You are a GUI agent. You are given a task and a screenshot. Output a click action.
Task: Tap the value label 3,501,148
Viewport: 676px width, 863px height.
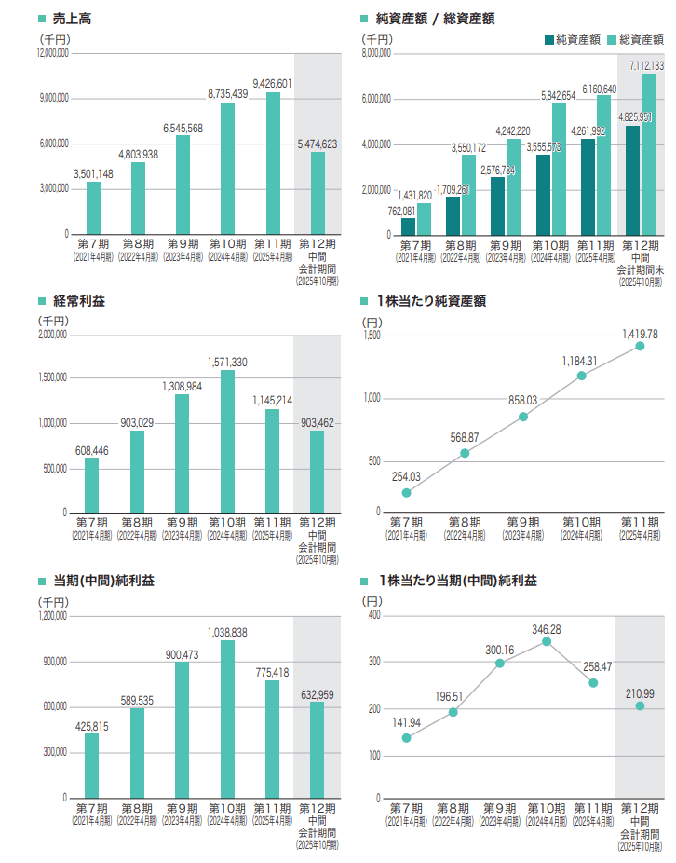tap(93, 173)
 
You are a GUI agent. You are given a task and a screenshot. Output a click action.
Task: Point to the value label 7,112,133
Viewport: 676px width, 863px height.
tap(646, 66)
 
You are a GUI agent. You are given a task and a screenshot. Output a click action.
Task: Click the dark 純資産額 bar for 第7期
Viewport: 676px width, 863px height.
tap(409, 226)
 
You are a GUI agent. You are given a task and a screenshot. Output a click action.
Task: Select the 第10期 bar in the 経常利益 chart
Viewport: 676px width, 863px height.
tap(227, 442)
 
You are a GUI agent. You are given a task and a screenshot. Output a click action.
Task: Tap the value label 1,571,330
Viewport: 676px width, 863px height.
tap(227, 362)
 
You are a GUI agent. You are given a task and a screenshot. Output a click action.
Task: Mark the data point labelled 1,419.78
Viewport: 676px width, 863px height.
tap(640, 346)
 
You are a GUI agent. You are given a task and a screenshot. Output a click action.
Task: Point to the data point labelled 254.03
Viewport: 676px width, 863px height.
tap(406, 493)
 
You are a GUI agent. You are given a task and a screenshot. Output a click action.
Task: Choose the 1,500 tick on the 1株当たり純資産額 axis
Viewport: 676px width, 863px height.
tap(372, 335)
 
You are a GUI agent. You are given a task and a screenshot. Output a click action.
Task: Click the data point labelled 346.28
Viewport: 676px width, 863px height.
tap(547, 641)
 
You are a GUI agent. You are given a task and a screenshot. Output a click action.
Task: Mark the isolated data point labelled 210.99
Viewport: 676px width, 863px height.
tap(640, 705)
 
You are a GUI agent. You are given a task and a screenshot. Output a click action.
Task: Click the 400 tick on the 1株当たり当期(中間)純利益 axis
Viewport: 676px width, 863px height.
tap(374, 616)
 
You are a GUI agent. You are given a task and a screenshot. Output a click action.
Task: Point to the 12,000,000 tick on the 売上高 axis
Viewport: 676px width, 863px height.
tap(52, 53)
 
